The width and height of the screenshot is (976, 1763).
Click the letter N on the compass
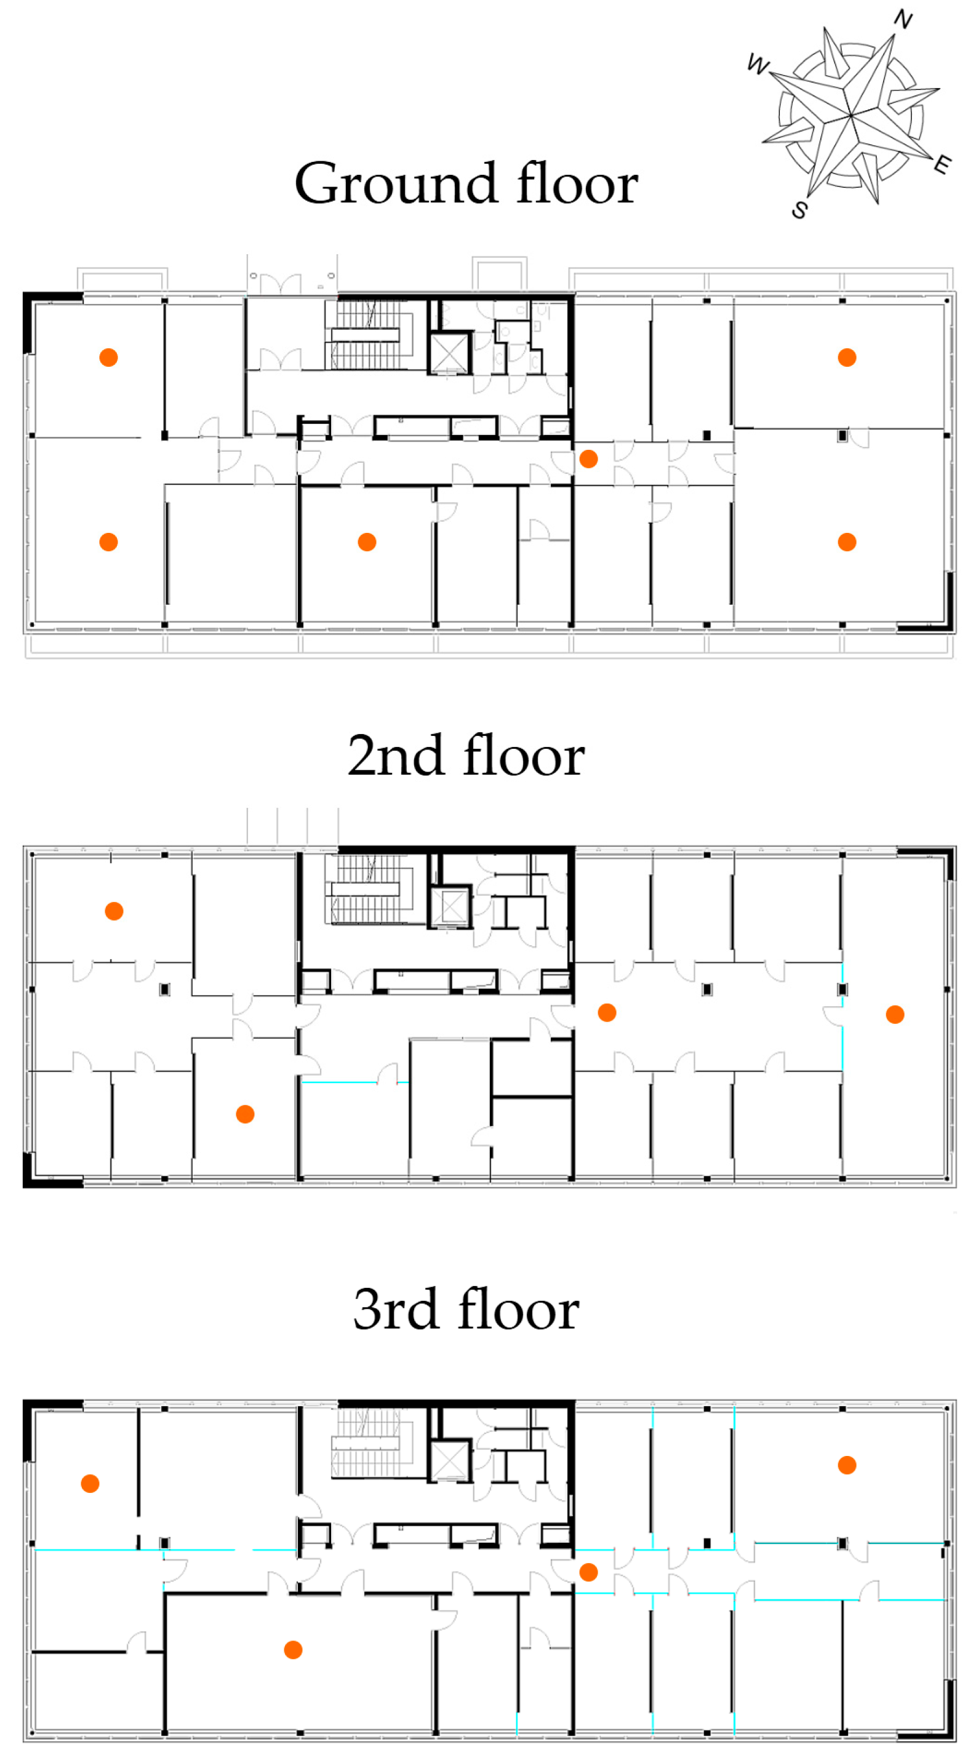pyautogui.click(x=903, y=19)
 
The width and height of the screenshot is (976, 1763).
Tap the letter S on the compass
pyautogui.click(x=799, y=209)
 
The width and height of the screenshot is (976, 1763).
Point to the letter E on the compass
pyautogui.click(x=943, y=164)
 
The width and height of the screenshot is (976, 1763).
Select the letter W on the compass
pyautogui.click(x=758, y=65)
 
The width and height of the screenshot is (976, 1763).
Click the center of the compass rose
pyautogui.click(x=850, y=114)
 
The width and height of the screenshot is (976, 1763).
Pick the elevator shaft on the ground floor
pyautogui.click(x=449, y=353)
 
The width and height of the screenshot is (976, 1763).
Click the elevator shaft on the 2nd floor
pyautogui.click(x=450, y=908)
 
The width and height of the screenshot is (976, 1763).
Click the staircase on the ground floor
pyautogui.click(x=370, y=335)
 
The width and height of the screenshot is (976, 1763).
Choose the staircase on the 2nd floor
pyautogui.click(x=370, y=889)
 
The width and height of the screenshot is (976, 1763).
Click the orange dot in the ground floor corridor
pyautogui.click(x=588, y=458)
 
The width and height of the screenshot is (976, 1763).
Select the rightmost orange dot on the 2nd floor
pyautogui.click(x=895, y=1014)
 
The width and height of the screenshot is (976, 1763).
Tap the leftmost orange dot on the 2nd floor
pyautogui.click(x=114, y=911)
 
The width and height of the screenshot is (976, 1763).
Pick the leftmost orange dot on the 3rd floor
pyautogui.click(x=90, y=1483)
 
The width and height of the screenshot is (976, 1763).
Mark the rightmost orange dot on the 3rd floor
pyautogui.click(x=847, y=1465)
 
